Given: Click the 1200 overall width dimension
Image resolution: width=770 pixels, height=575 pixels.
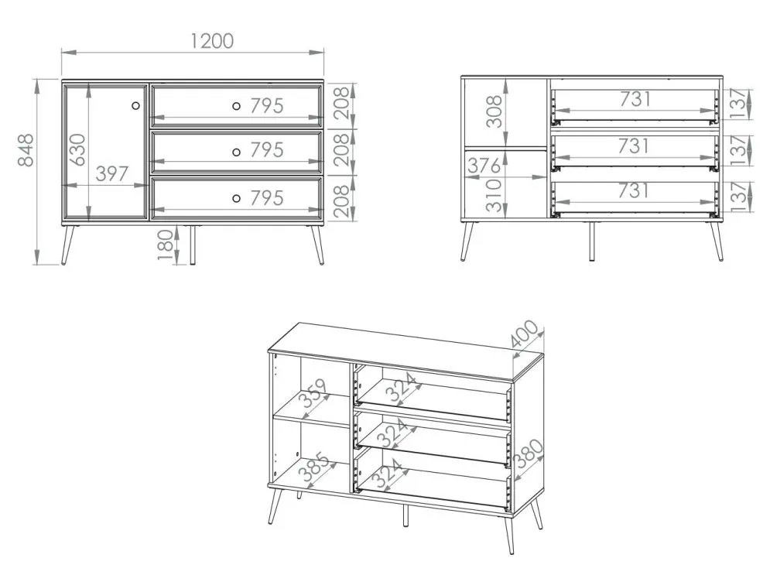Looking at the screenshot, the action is (x=211, y=41).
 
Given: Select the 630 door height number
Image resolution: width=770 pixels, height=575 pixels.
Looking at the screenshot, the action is (x=77, y=150).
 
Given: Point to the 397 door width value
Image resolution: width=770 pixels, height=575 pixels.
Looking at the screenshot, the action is (x=112, y=174).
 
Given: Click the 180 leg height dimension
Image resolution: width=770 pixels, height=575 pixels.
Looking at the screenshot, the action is (x=166, y=245).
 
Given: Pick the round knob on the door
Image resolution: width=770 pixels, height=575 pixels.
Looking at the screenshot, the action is (x=136, y=105).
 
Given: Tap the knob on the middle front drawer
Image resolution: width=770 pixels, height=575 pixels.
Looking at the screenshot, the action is (x=236, y=152).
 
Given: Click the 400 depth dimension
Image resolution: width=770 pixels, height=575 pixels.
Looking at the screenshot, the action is (x=525, y=334).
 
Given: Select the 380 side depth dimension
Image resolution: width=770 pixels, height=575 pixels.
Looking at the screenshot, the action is (x=529, y=453).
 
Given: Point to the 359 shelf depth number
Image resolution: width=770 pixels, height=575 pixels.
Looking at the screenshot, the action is (x=314, y=393).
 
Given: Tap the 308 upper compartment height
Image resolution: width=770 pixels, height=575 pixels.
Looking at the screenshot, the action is (x=495, y=111).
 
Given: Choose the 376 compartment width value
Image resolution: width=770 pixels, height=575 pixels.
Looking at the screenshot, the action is (x=484, y=166).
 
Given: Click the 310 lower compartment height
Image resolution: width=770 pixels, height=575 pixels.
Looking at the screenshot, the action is (x=494, y=196).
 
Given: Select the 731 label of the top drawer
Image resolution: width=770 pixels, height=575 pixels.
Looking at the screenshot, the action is (x=635, y=99).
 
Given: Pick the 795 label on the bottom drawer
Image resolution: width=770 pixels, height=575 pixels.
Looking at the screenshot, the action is (x=267, y=198).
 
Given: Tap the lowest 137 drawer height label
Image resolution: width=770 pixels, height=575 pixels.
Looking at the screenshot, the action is (x=738, y=197).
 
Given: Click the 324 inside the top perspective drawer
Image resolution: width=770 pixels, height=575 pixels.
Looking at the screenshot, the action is (x=402, y=388).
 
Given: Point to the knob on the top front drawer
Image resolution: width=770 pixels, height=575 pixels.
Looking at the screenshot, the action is (x=236, y=105).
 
